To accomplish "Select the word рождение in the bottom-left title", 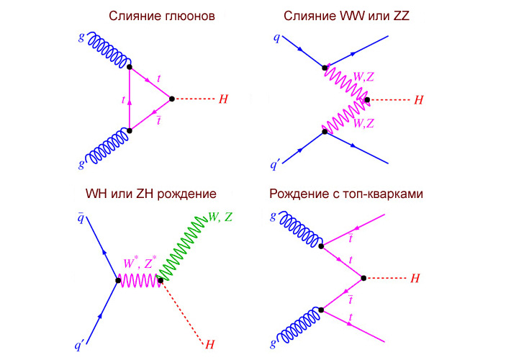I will pos(183,194).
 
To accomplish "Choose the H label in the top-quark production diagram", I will pos(415,278).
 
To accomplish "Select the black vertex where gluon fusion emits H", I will pos(171,98).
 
